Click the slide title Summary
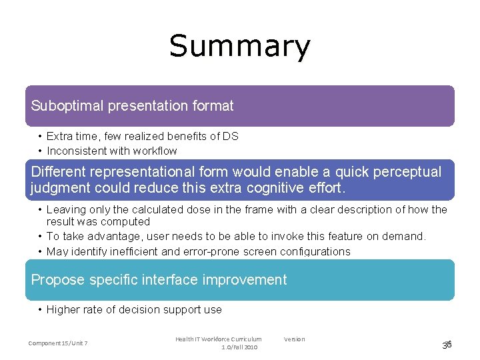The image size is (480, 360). coord(239,47)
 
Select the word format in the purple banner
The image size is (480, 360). coord(210,105)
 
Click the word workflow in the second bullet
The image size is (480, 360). coord(155,151)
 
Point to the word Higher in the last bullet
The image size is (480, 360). coord(63,309)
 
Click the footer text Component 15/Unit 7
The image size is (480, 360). coord(58,343)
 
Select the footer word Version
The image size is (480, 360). coord(294,339)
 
